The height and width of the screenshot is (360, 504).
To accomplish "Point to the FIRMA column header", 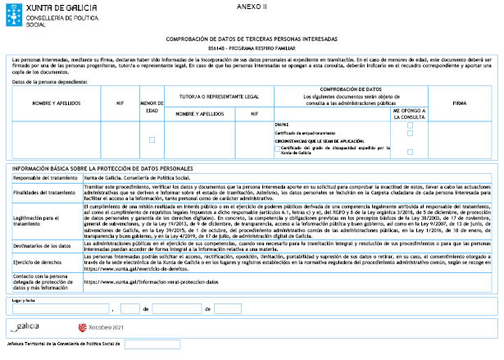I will pos(459,103).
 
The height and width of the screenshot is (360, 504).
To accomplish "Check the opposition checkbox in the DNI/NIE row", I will pos(410,125).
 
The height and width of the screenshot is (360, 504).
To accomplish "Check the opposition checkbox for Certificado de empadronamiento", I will pos(410,133).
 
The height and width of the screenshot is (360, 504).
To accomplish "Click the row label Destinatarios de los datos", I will pos(43,245).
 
